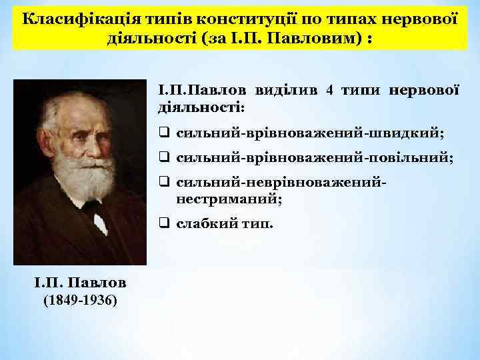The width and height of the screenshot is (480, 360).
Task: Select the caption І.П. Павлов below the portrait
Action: pos(79,282)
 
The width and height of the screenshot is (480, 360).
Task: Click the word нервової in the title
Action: pos(420,17)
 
